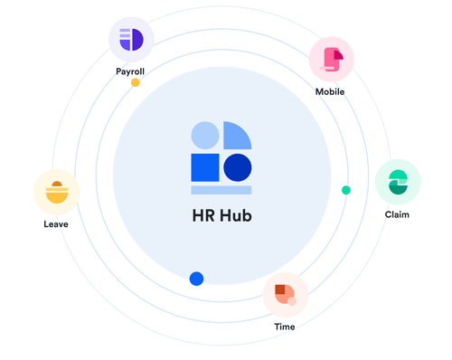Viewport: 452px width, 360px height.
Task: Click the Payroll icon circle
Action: pyautogui.click(x=131, y=39)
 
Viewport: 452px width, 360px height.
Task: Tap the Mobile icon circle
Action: pyautogui.click(x=332, y=59)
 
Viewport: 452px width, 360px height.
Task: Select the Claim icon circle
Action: pyautogui.click(x=397, y=182)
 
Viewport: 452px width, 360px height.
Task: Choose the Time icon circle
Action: pyautogui.click(x=285, y=293)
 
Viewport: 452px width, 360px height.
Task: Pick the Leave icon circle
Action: pyautogui.click(x=56, y=192)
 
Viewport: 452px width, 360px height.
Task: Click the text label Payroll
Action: pyautogui.click(x=130, y=70)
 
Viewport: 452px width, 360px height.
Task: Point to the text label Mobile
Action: pyautogui.click(x=330, y=91)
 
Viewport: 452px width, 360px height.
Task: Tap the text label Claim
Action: pyautogui.click(x=397, y=214)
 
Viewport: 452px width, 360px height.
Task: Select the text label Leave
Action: pyautogui.click(x=55, y=223)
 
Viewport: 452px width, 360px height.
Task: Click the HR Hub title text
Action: pyautogui.click(x=221, y=218)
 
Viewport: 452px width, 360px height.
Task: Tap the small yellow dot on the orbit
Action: pyautogui.click(x=136, y=82)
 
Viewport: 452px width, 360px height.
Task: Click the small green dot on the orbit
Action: pyautogui.click(x=345, y=190)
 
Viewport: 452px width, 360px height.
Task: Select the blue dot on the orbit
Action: pyautogui.click(x=195, y=279)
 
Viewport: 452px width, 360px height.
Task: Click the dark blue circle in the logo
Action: pyautogui.click(x=238, y=167)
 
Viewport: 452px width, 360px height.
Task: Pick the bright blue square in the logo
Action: pyautogui.click(x=204, y=167)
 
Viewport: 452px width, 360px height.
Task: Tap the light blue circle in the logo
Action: pyautogui.click(x=205, y=135)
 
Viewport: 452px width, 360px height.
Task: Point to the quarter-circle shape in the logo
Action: pyautogui.click(x=236, y=136)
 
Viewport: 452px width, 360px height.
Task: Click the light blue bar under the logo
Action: pyautogui.click(x=221, y=190)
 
